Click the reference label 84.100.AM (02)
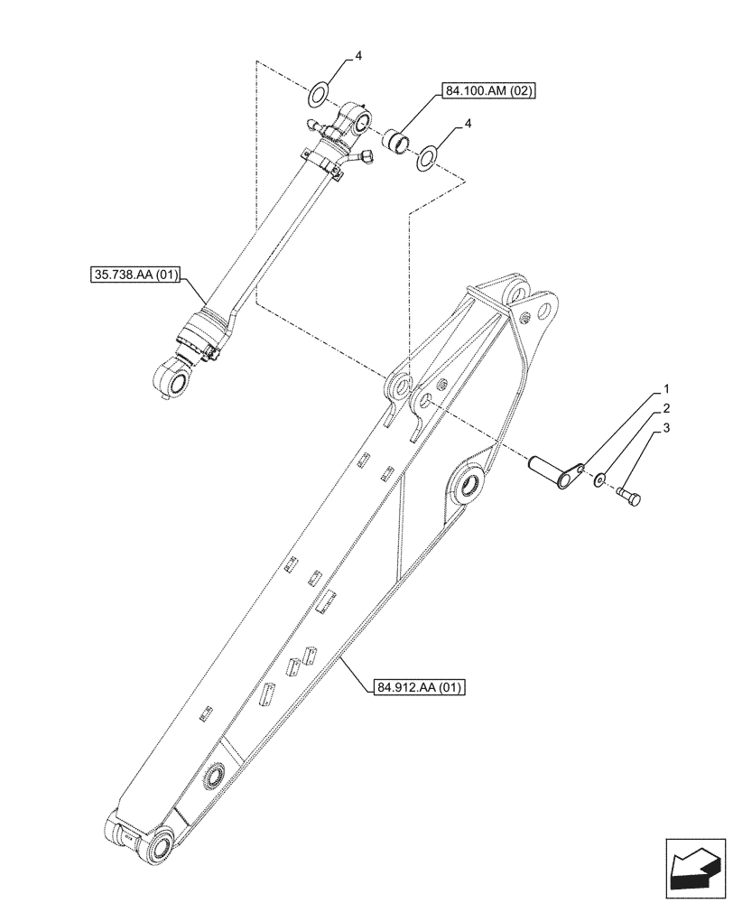point(487,91)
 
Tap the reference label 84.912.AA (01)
point(417,688)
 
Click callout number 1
point(665,389)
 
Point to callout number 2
point(665,408)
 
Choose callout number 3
point(665,428)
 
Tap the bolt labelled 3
point(628,496)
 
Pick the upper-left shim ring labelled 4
point(319,93)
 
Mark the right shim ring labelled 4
point(427,161)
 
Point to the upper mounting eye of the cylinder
point(358,120)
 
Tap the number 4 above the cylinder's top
point(358,56)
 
